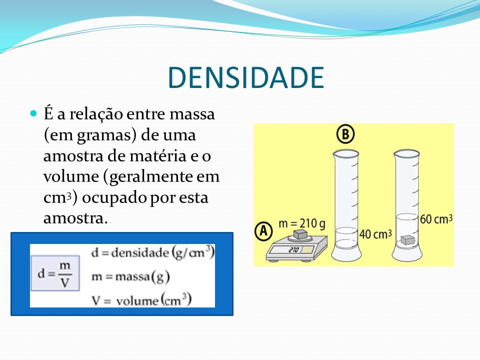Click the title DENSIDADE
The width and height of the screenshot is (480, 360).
click(246, 77)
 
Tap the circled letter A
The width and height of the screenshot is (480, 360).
click(263, 231)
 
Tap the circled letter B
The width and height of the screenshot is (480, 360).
click(345, 134)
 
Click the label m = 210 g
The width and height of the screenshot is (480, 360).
click(302, 223)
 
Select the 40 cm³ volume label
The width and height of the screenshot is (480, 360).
click(375, 234)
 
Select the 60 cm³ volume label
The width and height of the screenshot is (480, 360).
click(436, 219)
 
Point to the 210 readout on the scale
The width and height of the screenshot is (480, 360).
click(293, 250)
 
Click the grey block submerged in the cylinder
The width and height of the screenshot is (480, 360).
click(408, 239)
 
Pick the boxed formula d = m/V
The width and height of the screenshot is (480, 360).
click(55, 273)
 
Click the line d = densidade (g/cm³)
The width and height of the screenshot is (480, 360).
click(153, 253)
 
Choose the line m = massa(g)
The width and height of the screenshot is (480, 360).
click(130, 276)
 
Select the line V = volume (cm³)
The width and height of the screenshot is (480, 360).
click(141, 300)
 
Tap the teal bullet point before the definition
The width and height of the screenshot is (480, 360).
click(33, 114)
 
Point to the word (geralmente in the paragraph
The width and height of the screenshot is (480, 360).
click(149, 177)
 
